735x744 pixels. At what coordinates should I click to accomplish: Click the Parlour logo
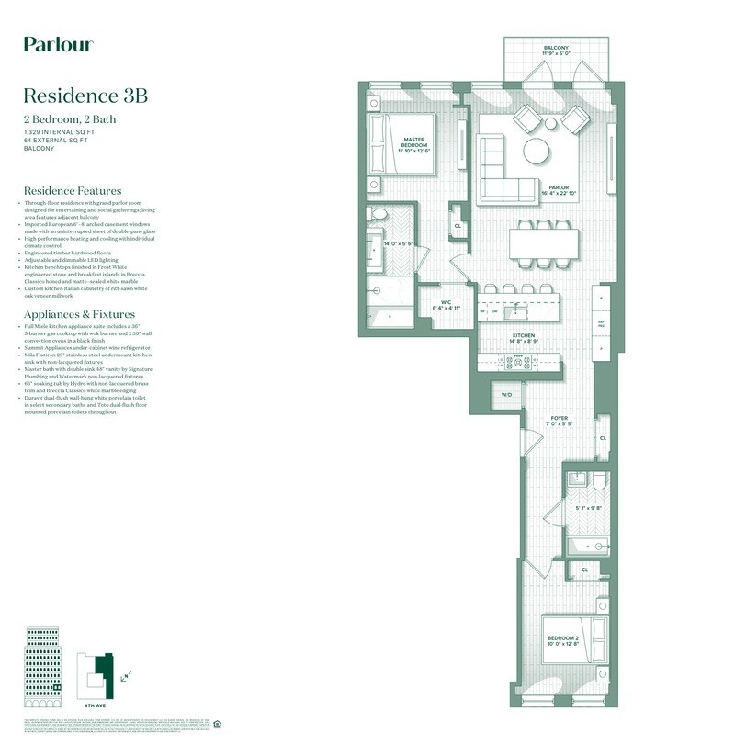click(x=58, y=44)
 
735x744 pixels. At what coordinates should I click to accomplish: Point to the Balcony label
click(x=556, y=51)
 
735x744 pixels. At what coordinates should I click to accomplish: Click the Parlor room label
click(x=558, y=189)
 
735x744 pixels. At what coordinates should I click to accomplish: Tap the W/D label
click(x=506, y=395)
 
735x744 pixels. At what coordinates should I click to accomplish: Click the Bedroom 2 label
click(x=562, y=640)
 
